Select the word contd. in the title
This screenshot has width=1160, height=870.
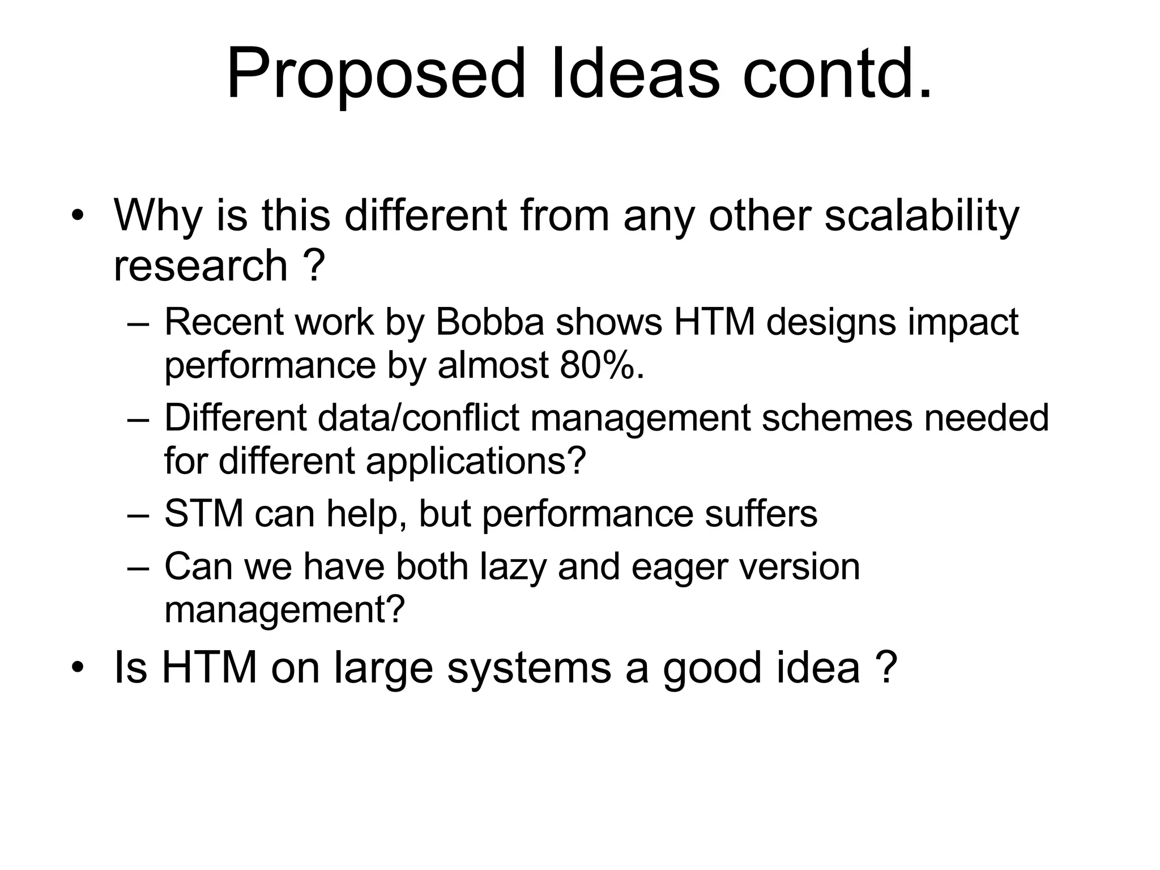837,74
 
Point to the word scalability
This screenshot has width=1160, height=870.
921,216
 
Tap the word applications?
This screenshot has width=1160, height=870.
476,460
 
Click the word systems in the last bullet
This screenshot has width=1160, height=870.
529,668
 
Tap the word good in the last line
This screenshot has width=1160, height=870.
713,668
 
